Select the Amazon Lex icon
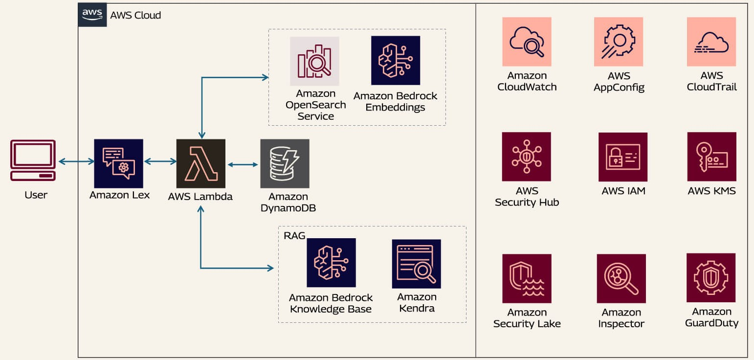(x=118, y=163)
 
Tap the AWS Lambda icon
(x=200, y=163)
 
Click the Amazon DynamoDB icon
(x=285, y=163)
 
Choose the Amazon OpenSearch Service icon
(x=314, y=61)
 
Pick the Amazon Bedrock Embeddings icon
(x=395, y=60)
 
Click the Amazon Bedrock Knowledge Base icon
(x=331, y=263)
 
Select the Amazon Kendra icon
(x=416, y=264)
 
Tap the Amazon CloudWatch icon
(x=527, y=42)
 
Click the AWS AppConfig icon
(x=619, y=42)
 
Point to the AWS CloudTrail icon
(x=711, y=42)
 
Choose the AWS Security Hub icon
(x=526, y=157)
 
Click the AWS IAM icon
(x=622, y=157)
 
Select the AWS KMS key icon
(x=711, y=157)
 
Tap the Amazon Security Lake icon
(x=527, y=278)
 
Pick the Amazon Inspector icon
(x=621, y=278)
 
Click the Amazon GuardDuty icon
(x=710, y=277)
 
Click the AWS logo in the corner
(x=92, y=14)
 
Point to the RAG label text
(x=294, y=236)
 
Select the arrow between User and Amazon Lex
(x=76, y=161)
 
